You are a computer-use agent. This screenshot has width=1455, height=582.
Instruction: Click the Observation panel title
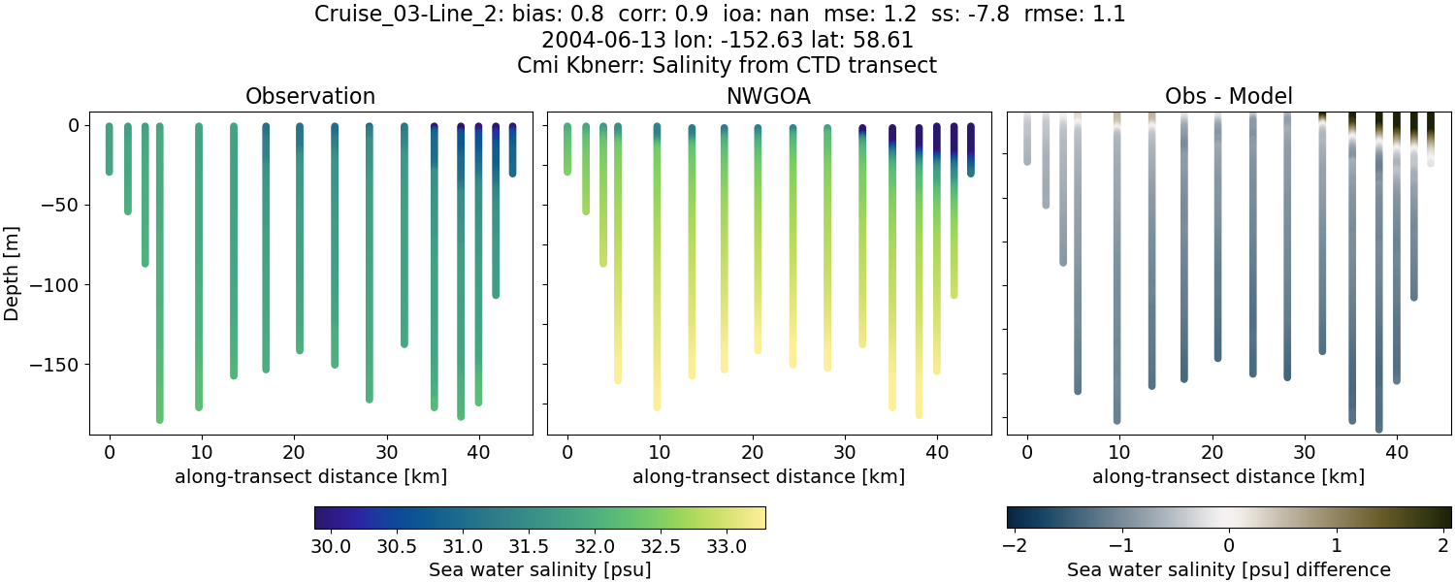[x=310, y=96]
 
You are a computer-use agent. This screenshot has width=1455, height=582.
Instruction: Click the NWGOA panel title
[x=768, y=96]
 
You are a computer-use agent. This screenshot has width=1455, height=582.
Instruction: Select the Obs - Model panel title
[x=1228, y=96]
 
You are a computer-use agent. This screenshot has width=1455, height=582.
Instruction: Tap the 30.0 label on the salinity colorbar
[x=332, y=546]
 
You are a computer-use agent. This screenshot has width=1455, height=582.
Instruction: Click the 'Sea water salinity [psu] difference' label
[x=1228, y=569]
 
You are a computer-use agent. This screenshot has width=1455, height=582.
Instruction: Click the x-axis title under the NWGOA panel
[x=768, y=476]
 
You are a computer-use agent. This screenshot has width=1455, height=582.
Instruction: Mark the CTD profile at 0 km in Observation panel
[x=110, y=149]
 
